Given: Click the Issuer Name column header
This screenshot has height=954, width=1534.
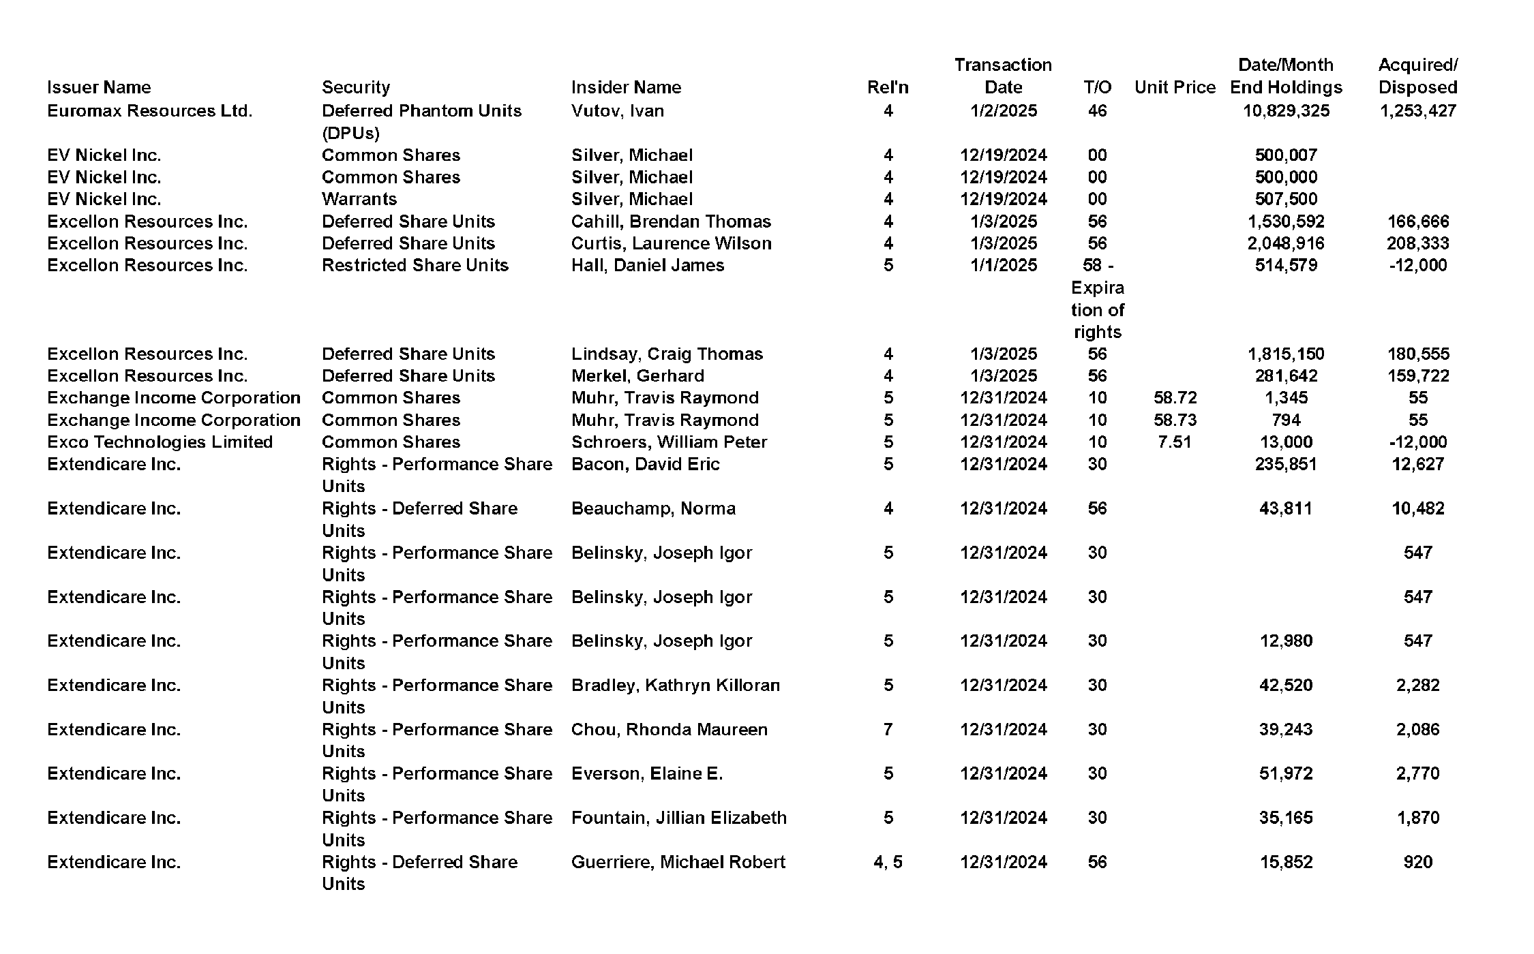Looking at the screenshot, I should point(99,87).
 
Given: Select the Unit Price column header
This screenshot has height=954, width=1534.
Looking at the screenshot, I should point(1175,87).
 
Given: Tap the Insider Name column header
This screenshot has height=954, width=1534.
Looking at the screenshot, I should point(626,87).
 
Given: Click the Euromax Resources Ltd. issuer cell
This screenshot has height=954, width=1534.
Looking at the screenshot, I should point(149,111).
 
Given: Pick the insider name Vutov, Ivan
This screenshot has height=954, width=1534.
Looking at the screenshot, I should point(617,111).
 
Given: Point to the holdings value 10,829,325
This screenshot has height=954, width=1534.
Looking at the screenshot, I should point(1286,111).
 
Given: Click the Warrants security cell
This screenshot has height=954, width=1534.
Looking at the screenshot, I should point(359,199).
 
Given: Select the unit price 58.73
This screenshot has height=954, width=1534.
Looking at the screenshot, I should point(1175,420).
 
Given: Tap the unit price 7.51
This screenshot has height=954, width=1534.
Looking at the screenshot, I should point(1175,442).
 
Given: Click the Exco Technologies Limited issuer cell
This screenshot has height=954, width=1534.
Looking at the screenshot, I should point(160,442).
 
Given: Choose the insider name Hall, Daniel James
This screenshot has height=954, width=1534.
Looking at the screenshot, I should point(647,265).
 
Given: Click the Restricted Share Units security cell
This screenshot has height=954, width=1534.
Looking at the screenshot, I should point(415,265).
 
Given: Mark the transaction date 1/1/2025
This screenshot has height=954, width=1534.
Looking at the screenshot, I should point(1003,265).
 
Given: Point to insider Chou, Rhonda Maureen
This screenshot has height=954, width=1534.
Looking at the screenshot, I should point(669,730).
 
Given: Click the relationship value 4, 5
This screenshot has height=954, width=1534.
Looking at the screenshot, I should point(888,862).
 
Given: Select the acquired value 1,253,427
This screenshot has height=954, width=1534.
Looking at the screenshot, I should point(1417,111).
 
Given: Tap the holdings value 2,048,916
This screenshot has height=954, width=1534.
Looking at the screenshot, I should point(1286,243).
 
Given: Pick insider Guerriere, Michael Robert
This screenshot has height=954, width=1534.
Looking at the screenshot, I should point(678,862).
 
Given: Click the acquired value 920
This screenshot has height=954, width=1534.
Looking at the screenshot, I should point(1417,862).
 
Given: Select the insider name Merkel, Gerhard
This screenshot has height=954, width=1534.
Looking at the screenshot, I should point(637,376).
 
